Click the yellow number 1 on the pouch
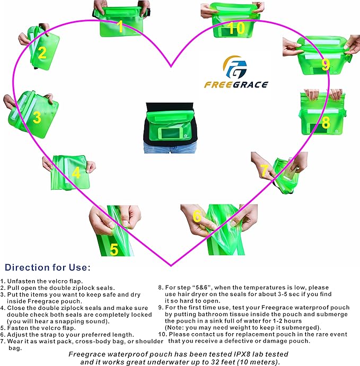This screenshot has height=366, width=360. (x=120, y=26)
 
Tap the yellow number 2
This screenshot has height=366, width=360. (x=42, y=52)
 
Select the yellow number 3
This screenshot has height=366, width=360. (x=37, y=118)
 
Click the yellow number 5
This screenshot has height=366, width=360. (x=114, y=249)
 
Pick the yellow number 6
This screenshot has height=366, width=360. (x=197, y=217)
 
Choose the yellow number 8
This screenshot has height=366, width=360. (x=326, y=122)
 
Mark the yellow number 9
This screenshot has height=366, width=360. (x=326, y=65)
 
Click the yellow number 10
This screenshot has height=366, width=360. (x=237, y=27)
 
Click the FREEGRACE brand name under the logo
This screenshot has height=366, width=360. (x=235, y=84)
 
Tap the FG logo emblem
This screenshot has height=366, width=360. (x=235, y=67)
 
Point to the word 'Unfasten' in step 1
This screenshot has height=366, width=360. (x=25, y=281)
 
